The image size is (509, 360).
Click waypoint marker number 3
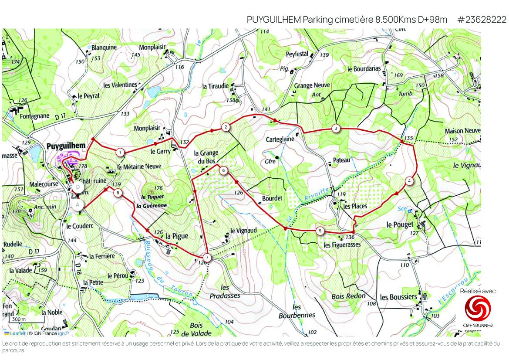tap(336, 128)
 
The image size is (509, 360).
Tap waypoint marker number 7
tap(207, 258)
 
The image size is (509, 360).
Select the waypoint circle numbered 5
tap(320, 231)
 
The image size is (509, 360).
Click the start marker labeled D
tap(78, 187)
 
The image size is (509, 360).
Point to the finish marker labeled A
tap(78, 204)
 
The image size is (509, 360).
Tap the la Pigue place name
tap(177, 236)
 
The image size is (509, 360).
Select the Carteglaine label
tap(280, 139)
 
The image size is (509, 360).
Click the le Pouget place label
tap(399, 224)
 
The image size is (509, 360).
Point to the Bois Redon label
tap(348, 296)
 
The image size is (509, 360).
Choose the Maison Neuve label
tap(463, 131)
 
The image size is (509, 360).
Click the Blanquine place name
tap(104, 48)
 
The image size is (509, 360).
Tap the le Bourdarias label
tap(364, 69)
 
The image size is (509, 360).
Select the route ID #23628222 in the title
tap(482, 20)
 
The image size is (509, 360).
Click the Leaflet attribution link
tap(17, 333)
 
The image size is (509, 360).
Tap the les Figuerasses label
tap(342, 245)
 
